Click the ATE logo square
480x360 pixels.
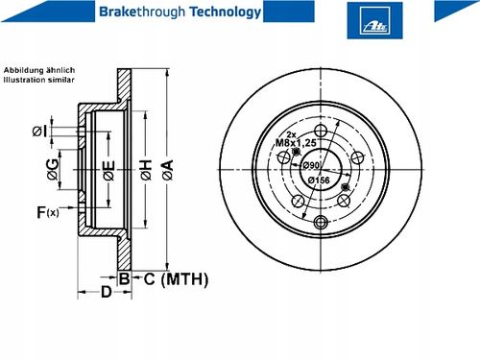[374, 20]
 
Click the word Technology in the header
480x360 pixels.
[226, 12]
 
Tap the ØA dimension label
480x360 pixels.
[168, 169]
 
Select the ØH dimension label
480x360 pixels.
[146, 169]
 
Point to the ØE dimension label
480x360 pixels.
[108, 170]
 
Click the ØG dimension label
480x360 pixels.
[53, 169]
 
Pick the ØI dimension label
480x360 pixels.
[39, 131]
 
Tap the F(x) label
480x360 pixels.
[48, 212]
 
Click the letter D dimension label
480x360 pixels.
[106, 292]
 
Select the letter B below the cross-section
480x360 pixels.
[124, 278]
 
